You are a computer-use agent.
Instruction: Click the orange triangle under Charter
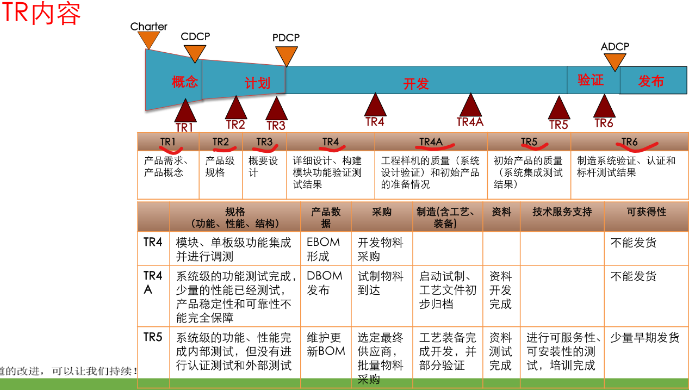pos(148,39)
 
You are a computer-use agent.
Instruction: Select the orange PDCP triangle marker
pos(286,55)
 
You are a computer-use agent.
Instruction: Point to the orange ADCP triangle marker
pos(615,61)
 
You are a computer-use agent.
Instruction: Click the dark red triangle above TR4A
pos(470,105)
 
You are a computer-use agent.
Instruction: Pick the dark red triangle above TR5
pos(558,108)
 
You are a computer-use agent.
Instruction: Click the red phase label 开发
pos(416,84)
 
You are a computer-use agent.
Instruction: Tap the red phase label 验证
pos(591,81)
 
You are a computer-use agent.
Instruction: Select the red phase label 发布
pos(651,82)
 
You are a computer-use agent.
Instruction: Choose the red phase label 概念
pos(185,82)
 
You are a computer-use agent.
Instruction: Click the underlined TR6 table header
pos(629,142)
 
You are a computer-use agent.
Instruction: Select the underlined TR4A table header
pos(431,142)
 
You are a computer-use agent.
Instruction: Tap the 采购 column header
pos(382,212)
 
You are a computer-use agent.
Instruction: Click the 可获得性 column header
pos(646,212)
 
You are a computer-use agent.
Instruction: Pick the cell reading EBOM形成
pos(324,249)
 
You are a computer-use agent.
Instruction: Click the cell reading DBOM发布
pos(325,283)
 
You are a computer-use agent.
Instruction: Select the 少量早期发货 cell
pos(645,338)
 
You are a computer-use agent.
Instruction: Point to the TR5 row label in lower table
pos(153,337)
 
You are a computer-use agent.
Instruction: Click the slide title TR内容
pos(41,13)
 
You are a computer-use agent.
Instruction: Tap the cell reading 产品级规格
pos(220,166)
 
